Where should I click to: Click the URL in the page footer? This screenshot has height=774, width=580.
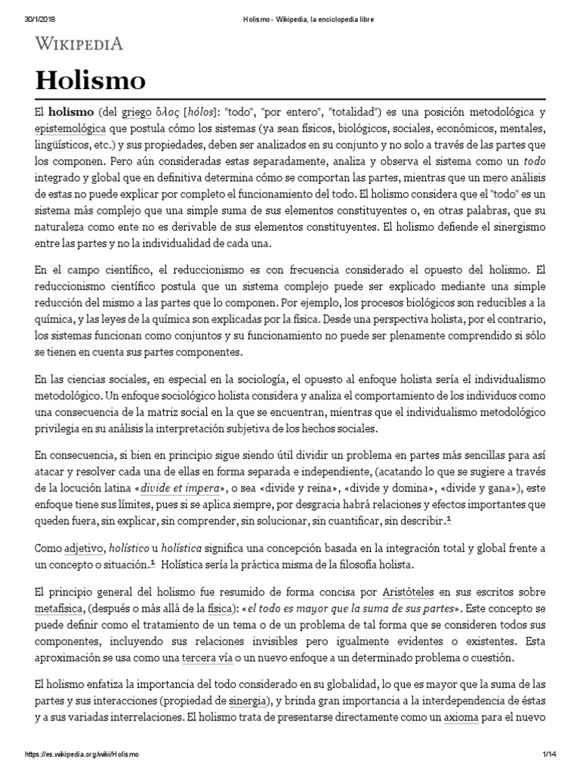pos(81,755)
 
